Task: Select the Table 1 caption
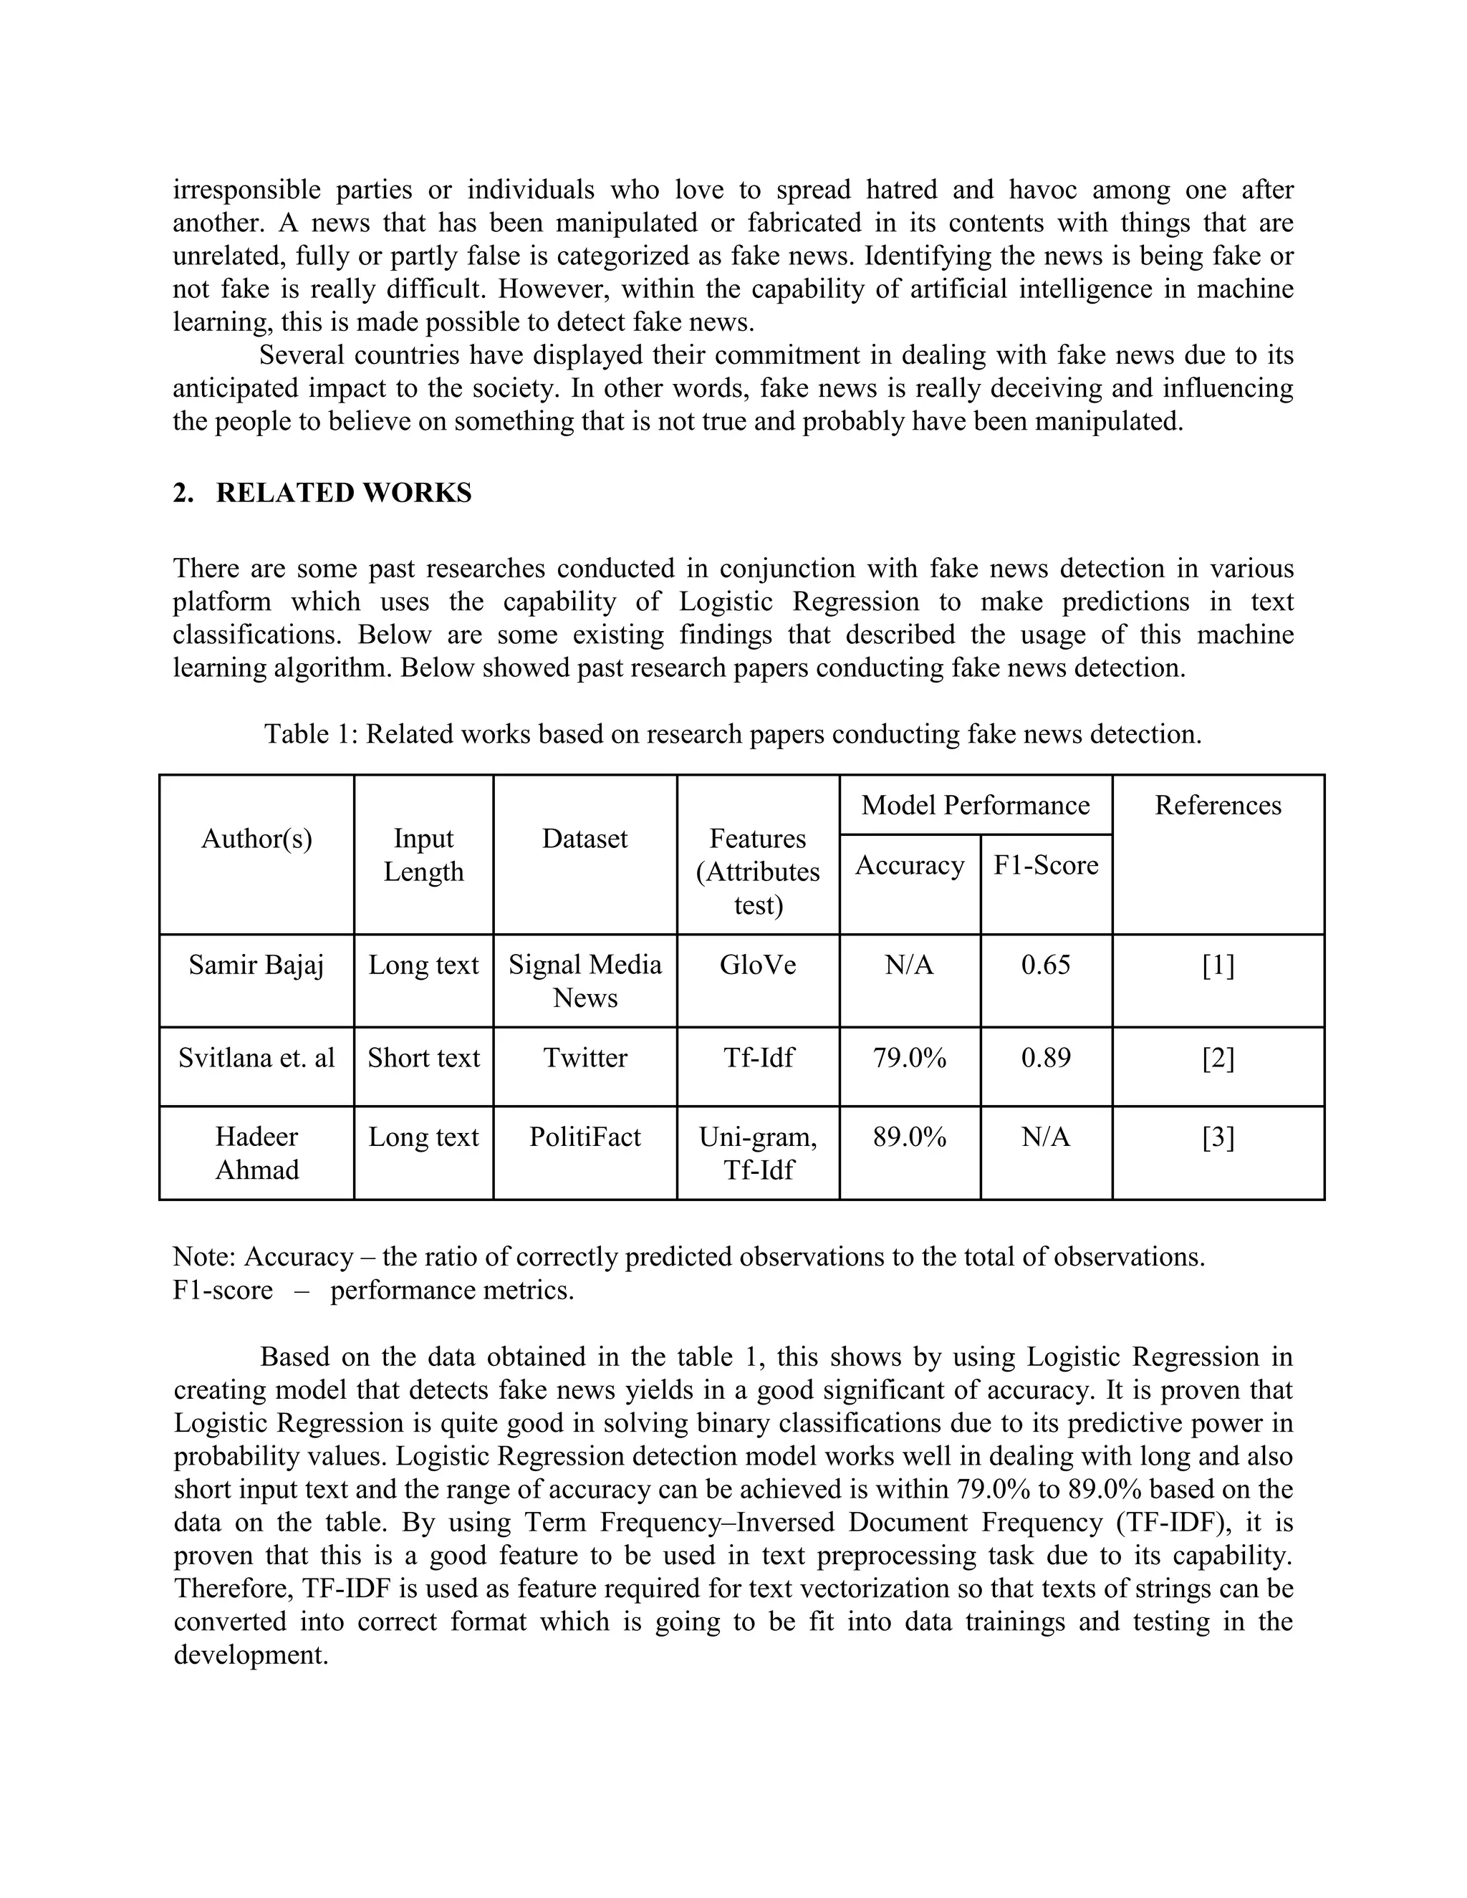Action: pyautogui.click(x=733, y=734)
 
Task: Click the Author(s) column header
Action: pyautogui.click(x=256, y=839)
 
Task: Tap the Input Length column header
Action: pyautogui.click(x=423, y=855)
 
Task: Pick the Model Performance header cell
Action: pyautogui.click(x=975, y=805)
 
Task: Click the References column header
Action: pyautogui.click(x=1218, y=805)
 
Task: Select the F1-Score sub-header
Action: pyautogui.click(x=1046, y=864)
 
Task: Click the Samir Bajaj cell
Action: pyautogui.click(x=256, y=965)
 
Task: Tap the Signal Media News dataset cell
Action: pyautogui.click(x=585, y=981)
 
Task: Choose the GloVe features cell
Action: pyautogui.click(x=758, y=965)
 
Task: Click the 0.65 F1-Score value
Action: pyautogui.click(x=1046, y=965)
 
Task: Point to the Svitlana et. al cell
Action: pyautogui.click(x=256, y=1058)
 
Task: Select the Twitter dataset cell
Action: pyautogui.click(x=585, y=1058)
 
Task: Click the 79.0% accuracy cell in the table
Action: pyautogui.click(x=909, y=1058)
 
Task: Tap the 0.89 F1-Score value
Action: pyautogui.click(x=1046, y=1058)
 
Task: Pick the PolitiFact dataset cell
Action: pyautogui.click(x=585, y=1137)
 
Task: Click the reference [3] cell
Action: pyautogui.click(x=1218, y=1137)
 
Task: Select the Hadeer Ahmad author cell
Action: pyautogui.click(x=256, y=1153)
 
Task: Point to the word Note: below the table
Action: pyautogui.click(x=206, y=1257)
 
